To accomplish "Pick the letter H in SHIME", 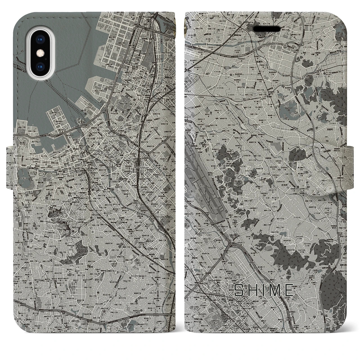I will click(x=252, y=290).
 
